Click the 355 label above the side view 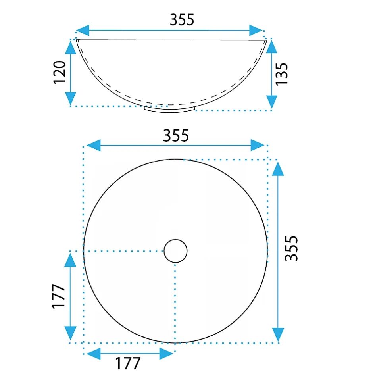point(182,19)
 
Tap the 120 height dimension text point(59,72)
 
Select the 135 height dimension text point(281,74)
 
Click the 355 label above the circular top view point(176,135)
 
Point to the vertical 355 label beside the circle point(291,248)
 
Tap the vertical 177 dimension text point(58,296)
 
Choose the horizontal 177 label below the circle point(128,363)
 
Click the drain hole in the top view point(175,251)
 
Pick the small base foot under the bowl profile point(169,110)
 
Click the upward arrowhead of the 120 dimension point(70,47)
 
